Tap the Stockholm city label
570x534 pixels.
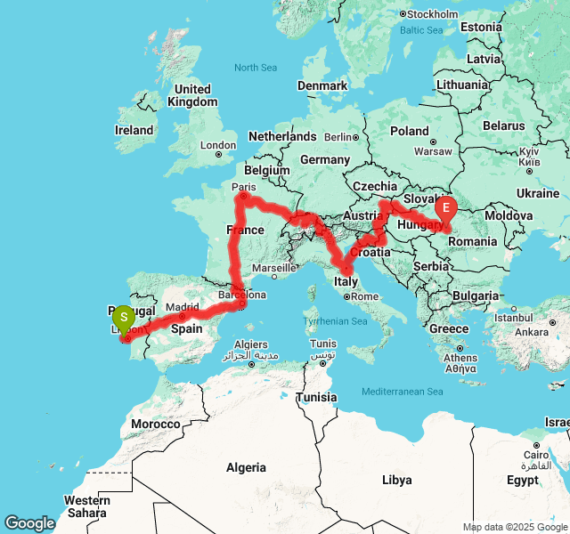[x=432, y=13]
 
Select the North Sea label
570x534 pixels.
[x=256, y=68]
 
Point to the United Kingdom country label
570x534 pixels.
[x=192, y=95]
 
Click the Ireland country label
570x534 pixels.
[x=134, y=130]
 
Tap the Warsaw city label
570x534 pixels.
[x=433, y=150]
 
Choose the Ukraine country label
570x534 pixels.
[x=537, y=193]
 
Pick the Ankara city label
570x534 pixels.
[x=531, y=332]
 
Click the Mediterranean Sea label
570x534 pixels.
[x=403, y=392]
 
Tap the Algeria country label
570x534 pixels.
[x=246, y=467]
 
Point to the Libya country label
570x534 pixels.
[x=397, y=480]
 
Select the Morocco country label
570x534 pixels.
[x=156, y=425]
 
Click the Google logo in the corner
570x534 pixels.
[x=29, y=523]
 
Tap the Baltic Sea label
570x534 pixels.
[x=421, y=30]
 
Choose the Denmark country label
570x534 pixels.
[x=322, y=85]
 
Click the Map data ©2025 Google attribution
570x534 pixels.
[x=515, y=527]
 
